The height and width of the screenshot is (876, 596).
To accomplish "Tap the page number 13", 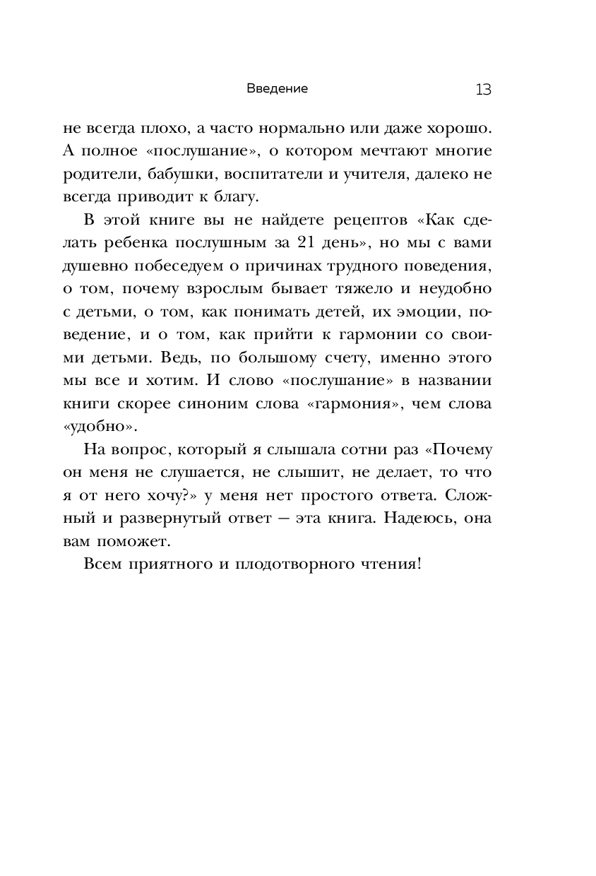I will coord(483,90).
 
